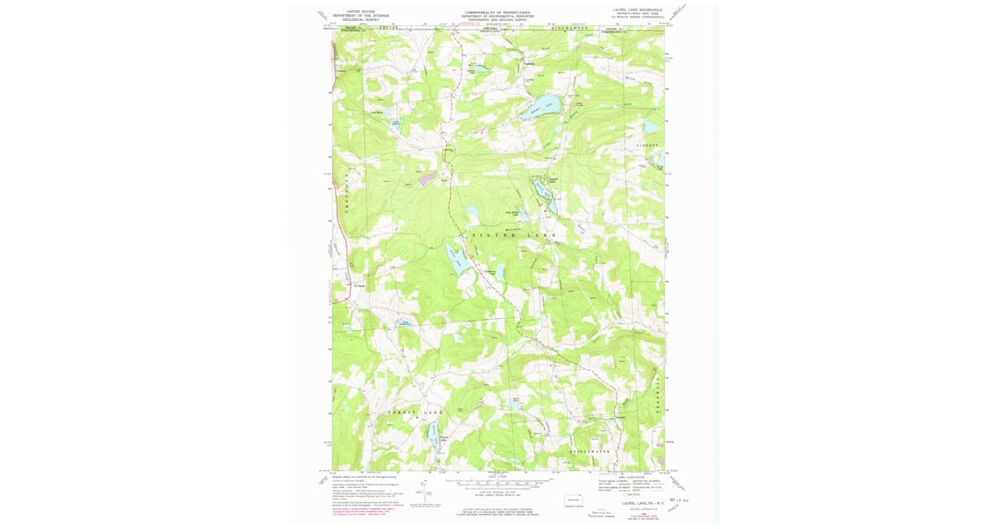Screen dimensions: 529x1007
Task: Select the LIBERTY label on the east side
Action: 650,145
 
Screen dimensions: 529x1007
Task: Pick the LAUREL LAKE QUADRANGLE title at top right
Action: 637,9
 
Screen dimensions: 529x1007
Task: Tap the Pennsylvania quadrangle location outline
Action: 575,497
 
